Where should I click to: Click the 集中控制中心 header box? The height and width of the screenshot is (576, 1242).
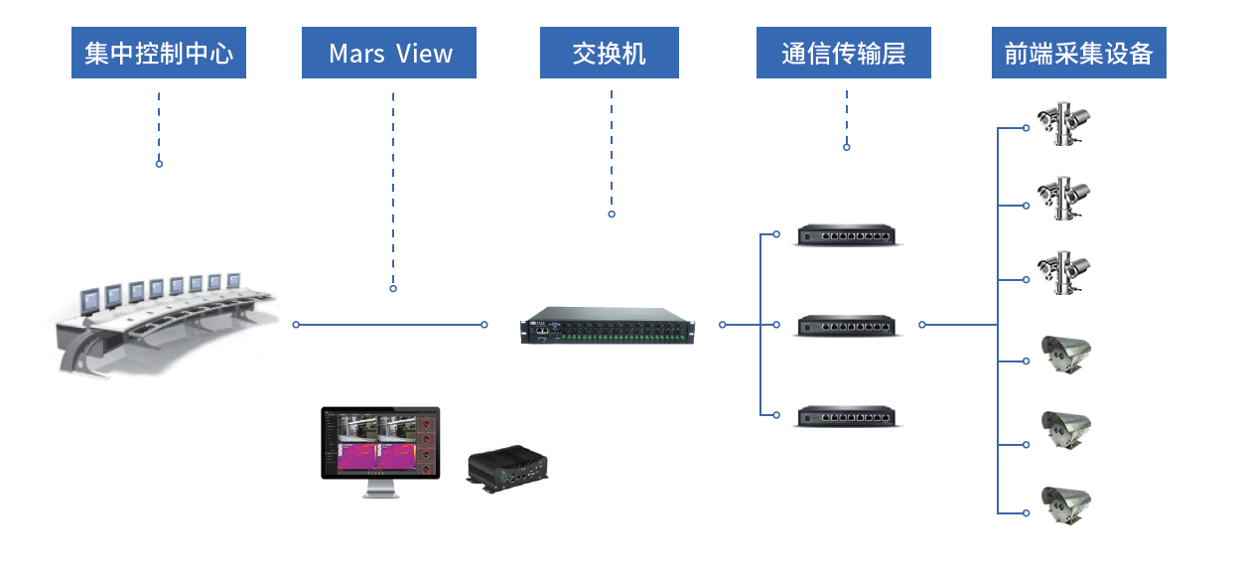point(159,53)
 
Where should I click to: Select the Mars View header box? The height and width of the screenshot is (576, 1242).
point(388,53)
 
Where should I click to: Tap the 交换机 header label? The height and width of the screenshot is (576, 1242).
point(610,53)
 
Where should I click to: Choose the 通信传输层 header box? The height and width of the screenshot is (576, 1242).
point(843,53)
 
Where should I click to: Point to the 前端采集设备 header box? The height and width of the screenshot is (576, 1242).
point(1078,53)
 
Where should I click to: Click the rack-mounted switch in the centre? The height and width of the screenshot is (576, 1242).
point(608,326)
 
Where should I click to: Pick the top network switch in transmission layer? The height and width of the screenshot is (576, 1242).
point(847,234)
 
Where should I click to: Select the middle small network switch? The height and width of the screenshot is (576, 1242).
point(847,326)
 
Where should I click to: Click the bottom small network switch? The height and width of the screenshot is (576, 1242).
point(847,416)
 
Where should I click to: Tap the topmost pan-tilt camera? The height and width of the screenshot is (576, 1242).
point(1063,123)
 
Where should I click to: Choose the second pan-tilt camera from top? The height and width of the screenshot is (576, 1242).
point(1063,199)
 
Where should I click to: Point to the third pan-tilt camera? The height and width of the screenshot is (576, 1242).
point(1063,273)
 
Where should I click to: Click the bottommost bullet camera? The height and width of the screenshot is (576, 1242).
point(1065,505)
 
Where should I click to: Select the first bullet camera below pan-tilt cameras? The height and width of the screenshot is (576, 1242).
point(1065,355)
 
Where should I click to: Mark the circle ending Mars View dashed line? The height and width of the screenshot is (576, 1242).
point(393,288)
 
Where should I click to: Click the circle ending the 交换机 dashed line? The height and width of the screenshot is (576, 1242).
point(612,214)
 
